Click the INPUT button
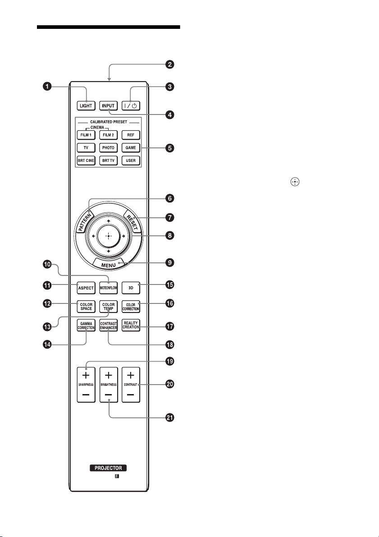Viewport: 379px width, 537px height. point(108,106)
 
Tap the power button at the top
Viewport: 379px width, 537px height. point(131,106)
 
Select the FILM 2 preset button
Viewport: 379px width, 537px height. point(108,135)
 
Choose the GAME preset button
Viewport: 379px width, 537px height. point(131,147)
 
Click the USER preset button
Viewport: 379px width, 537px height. point(131,160)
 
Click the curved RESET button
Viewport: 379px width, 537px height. point(132,222)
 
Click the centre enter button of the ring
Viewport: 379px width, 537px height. point(108,236)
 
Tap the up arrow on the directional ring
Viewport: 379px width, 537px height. point(108,221)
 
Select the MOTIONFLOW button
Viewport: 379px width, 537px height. point(108,288)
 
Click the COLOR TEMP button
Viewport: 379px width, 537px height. point(108,307)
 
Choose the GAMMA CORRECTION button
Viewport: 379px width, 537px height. point(86,326)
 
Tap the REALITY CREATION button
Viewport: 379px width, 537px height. point(131,326)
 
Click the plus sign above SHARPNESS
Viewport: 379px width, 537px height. point(86,375)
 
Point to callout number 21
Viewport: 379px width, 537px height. point(169,418)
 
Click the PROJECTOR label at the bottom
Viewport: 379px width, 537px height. point(108,468)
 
